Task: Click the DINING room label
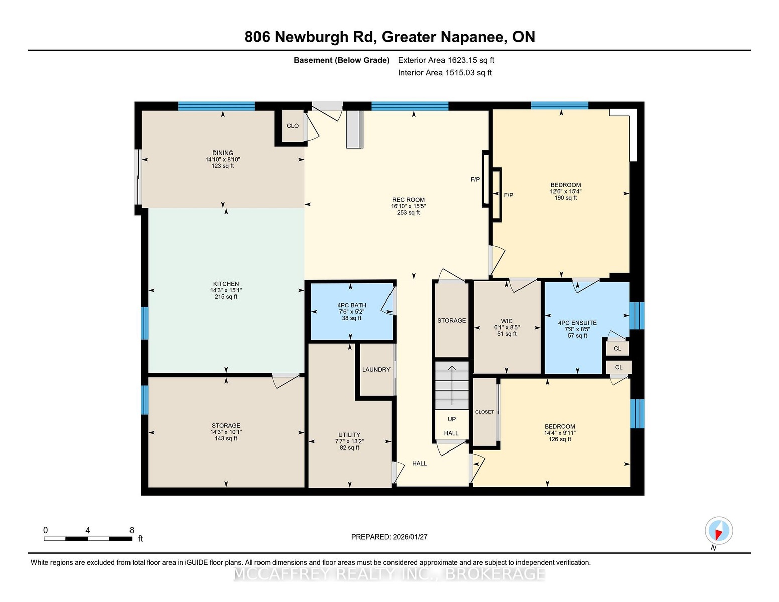tap(223, 153)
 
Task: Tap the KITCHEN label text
tap(226, 284)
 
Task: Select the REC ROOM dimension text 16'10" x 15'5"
tap(408, 206)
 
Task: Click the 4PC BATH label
tap(352, 305)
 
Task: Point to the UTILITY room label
tap(349, 435)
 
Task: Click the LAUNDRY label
tap(376, 370)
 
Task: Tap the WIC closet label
tap(507, 321)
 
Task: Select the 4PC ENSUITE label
tap(577, 323)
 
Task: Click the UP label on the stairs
tap(452, 419)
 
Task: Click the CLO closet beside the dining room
tap(293, 126)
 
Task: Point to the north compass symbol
tap(719, 531)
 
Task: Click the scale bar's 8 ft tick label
tap(132, 530)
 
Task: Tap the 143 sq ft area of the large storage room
tap(226, 438)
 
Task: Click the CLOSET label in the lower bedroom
tap(485, 412)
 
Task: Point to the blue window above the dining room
tap(216, 106)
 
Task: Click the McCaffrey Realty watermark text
tap(389, 574)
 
